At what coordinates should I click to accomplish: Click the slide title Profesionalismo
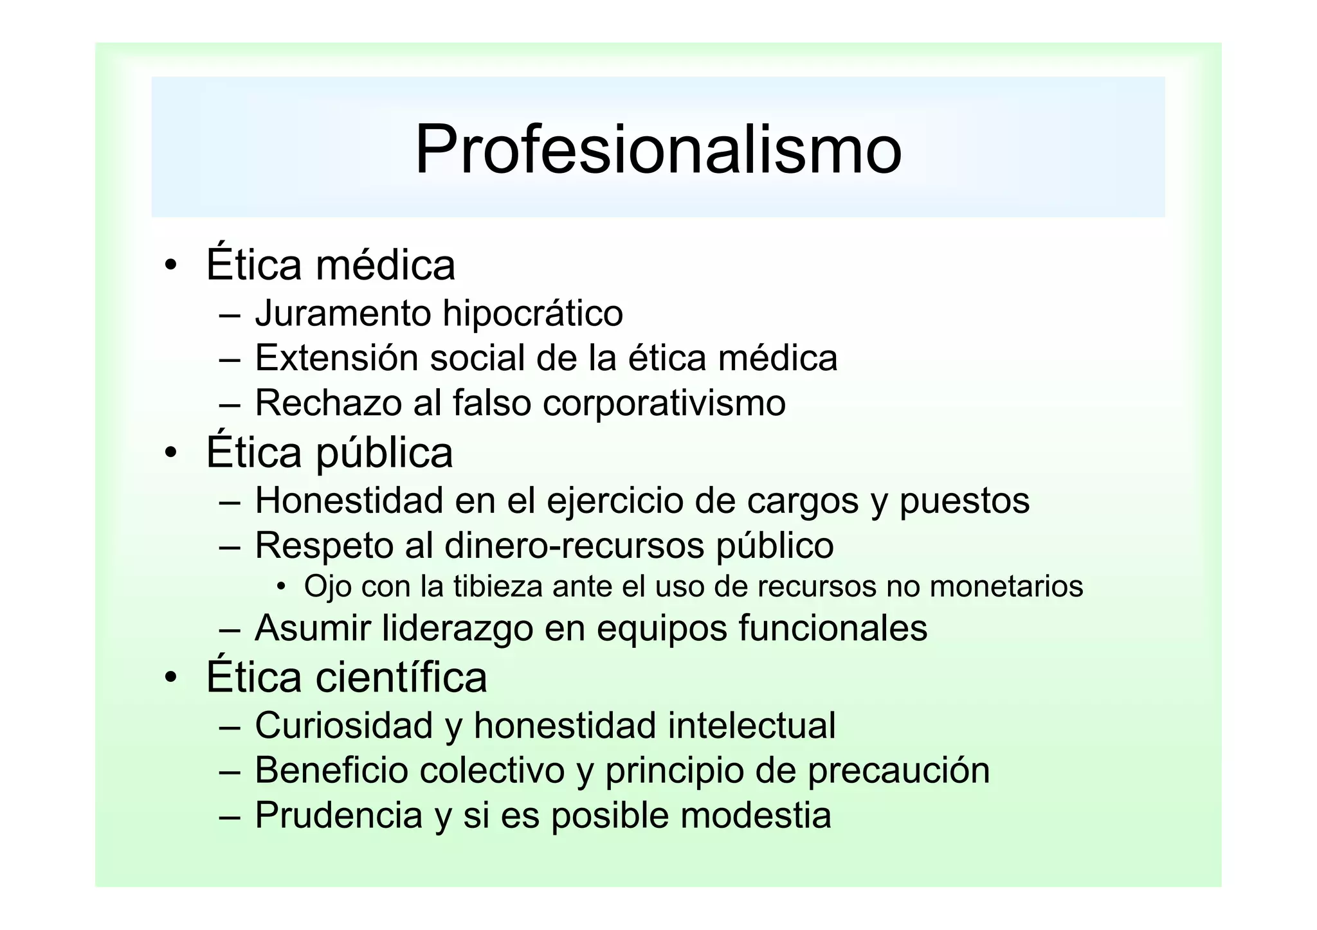coord(658,150)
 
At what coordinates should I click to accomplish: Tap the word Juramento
coord(343,314)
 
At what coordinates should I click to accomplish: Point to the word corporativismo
coord(664,404)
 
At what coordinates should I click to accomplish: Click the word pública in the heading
coord(384,453)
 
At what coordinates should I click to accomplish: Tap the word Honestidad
coord(349,500)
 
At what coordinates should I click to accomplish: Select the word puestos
coord(964,501)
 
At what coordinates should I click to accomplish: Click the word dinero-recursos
coord(574,546)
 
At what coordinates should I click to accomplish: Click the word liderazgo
coord(457,629)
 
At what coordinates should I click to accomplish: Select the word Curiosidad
coord(344,726)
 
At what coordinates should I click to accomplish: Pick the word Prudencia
coord(339,815)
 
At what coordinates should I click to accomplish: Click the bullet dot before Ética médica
coord(170,266)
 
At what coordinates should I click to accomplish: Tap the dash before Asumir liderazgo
coord(230,630)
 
